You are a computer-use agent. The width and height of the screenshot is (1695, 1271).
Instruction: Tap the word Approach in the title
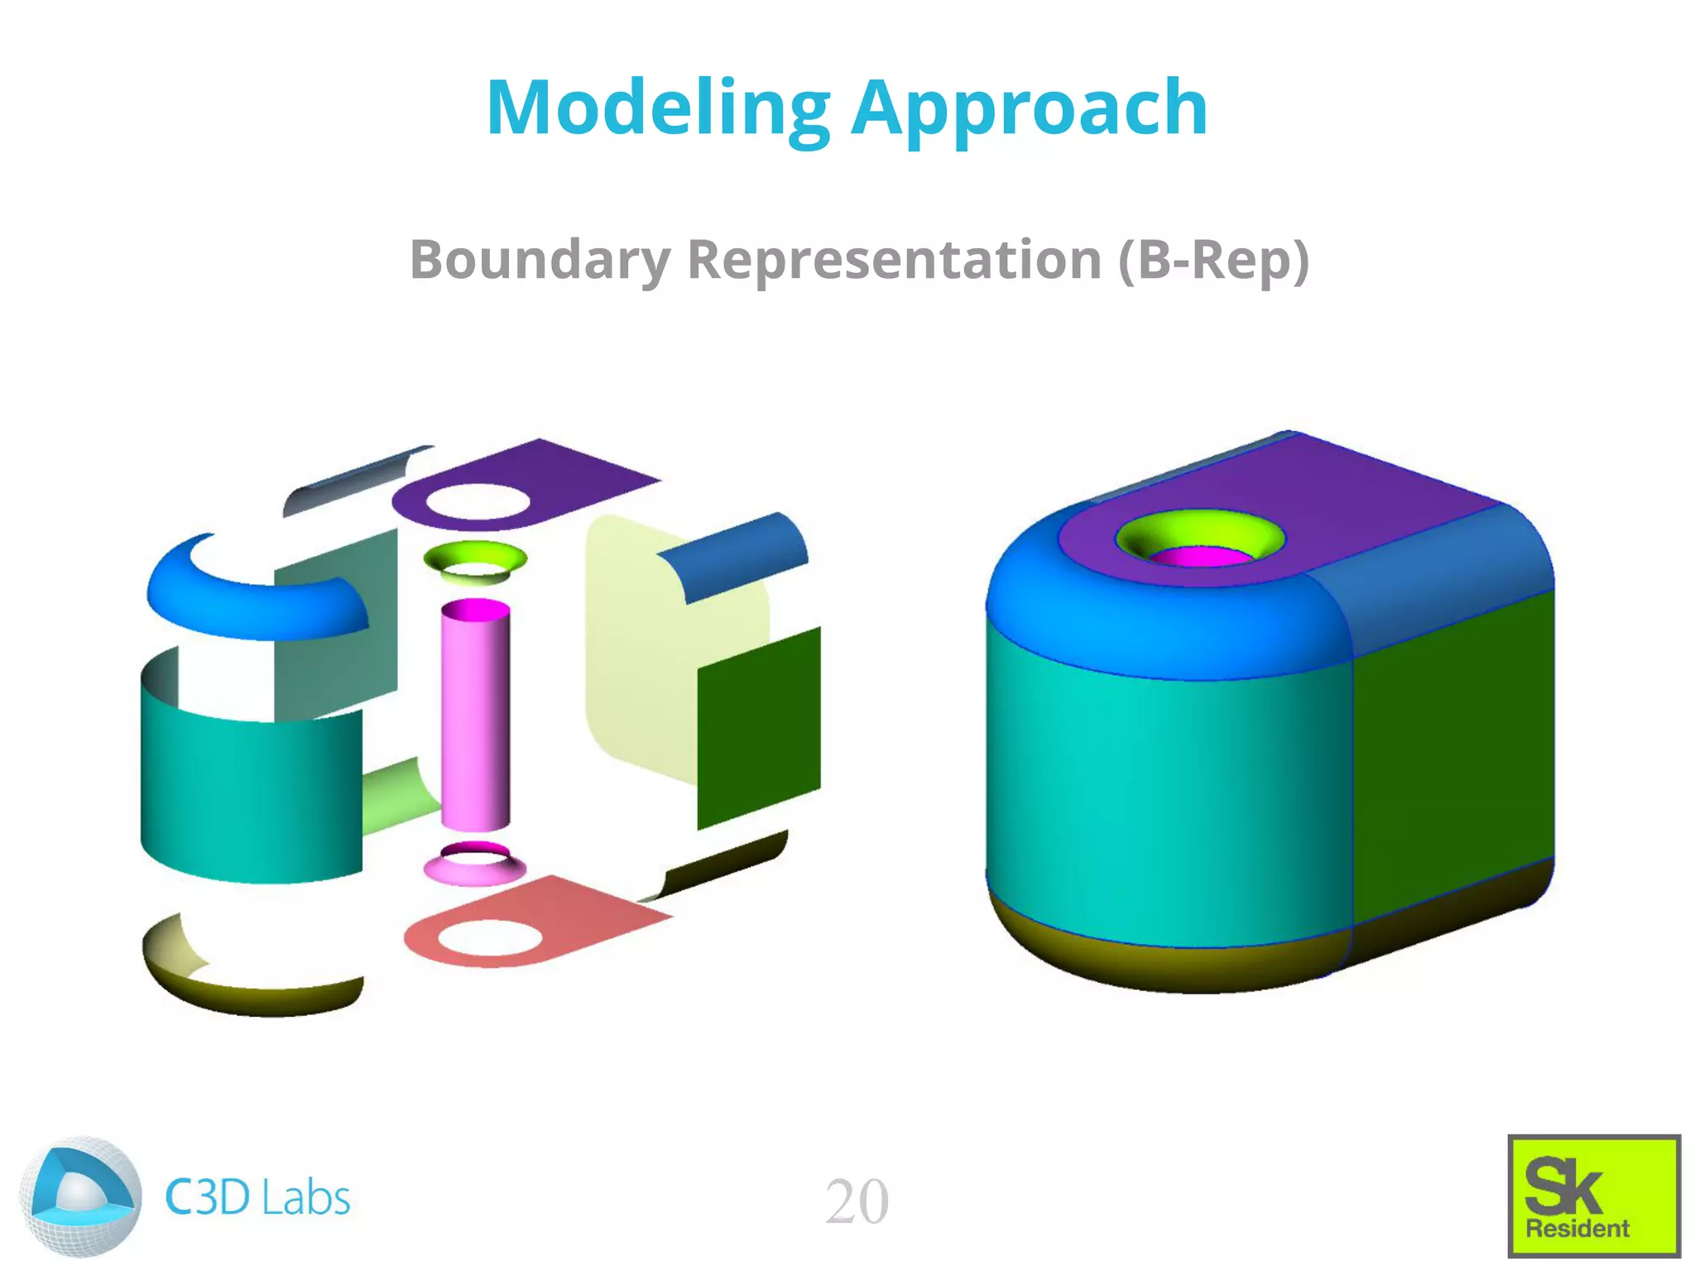pos(1030,110)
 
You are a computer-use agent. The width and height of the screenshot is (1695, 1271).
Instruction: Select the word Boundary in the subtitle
pos(540,260)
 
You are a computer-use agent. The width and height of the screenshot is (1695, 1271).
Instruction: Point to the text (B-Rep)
pos(1213,260)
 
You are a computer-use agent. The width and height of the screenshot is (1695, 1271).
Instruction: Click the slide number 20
pos(857,1201)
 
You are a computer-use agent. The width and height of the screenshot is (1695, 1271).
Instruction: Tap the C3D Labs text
pos(257,1197)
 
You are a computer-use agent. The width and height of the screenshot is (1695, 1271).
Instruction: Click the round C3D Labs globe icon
pos(79,1197)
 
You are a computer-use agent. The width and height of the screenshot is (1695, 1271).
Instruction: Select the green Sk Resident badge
pos(1593,1196)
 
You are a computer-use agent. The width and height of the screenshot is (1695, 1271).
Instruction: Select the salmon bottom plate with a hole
pos(579,918)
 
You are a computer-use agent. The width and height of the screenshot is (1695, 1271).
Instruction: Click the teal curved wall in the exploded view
pos(248,794)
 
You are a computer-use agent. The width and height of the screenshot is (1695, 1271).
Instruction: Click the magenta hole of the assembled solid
pos(1200,557)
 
